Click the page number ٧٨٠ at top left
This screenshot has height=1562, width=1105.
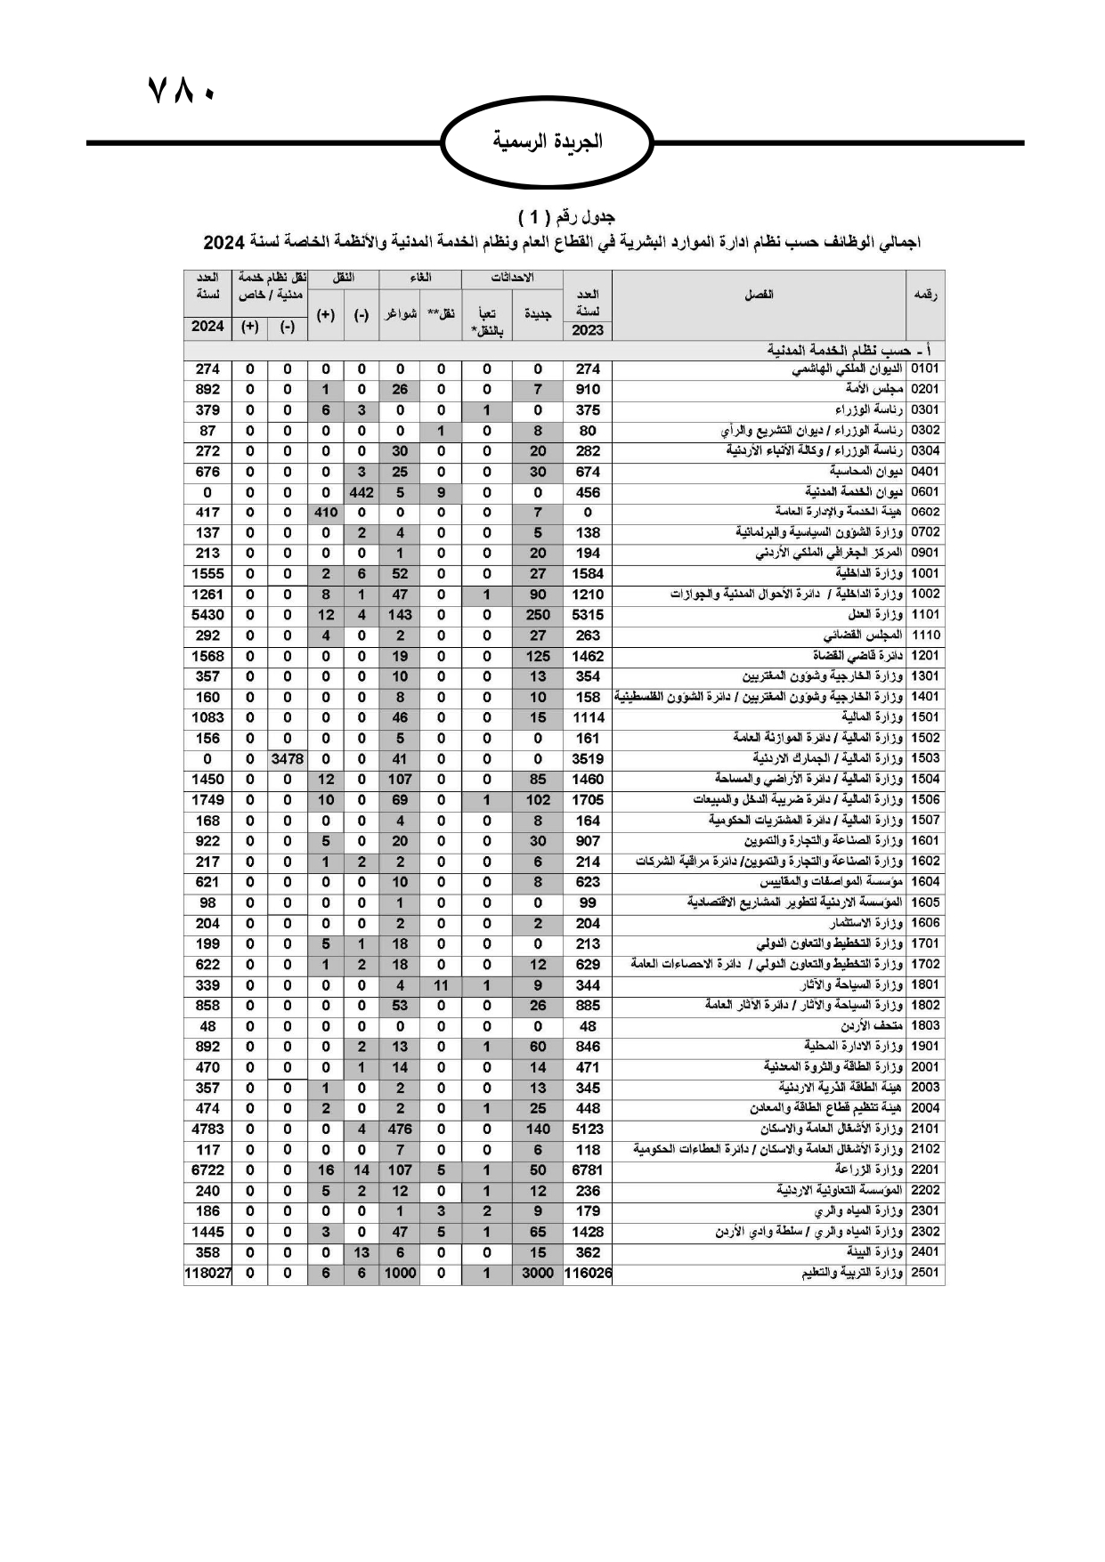click(x=181, y=91)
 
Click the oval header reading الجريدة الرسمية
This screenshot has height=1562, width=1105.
click(x=548, y=142)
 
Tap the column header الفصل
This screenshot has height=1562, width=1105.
click(x=759, y=295)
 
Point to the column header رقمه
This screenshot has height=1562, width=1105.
click(x=925, y=295)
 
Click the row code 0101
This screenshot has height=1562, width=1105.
click(x=925, y=369)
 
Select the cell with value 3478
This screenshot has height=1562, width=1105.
click(x=287, y=759)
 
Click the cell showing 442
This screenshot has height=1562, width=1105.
click(x=362, y=492)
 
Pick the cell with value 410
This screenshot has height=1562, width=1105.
click(x=326, y=513)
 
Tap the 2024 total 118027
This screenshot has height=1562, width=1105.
click(x=207, y=1274)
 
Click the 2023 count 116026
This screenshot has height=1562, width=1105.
click(x=588, y=1274)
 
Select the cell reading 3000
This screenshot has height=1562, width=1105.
click(x=538, y=1274)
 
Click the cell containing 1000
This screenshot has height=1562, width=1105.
click(x=400, y=1274)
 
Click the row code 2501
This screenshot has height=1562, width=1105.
click(x=925, y=1274)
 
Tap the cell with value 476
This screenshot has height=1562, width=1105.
click(x=400, y=1129)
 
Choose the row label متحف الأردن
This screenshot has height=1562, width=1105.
click(x=873, y=1026)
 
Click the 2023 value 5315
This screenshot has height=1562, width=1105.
click(x=588, y=615)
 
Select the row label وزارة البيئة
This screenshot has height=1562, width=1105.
click(x=877, y=1252)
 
